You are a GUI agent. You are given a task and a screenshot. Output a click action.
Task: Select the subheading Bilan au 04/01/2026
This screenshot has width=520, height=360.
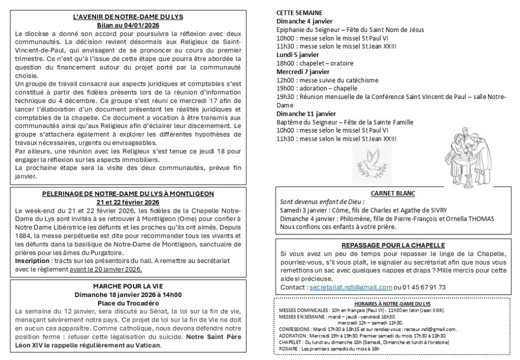128,25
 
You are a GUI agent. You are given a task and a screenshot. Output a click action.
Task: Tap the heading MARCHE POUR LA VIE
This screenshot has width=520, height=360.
128,286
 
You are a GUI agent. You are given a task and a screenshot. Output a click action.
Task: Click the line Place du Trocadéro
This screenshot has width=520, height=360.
128,303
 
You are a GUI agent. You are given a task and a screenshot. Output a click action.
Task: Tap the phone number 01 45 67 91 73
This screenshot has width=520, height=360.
424,287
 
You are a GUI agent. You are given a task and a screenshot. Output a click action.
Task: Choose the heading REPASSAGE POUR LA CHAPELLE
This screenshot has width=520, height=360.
393,245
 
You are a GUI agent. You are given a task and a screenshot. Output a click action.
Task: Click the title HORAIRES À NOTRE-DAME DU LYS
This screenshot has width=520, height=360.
392,303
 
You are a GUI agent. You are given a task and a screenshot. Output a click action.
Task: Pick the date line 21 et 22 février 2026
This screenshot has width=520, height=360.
128,202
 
